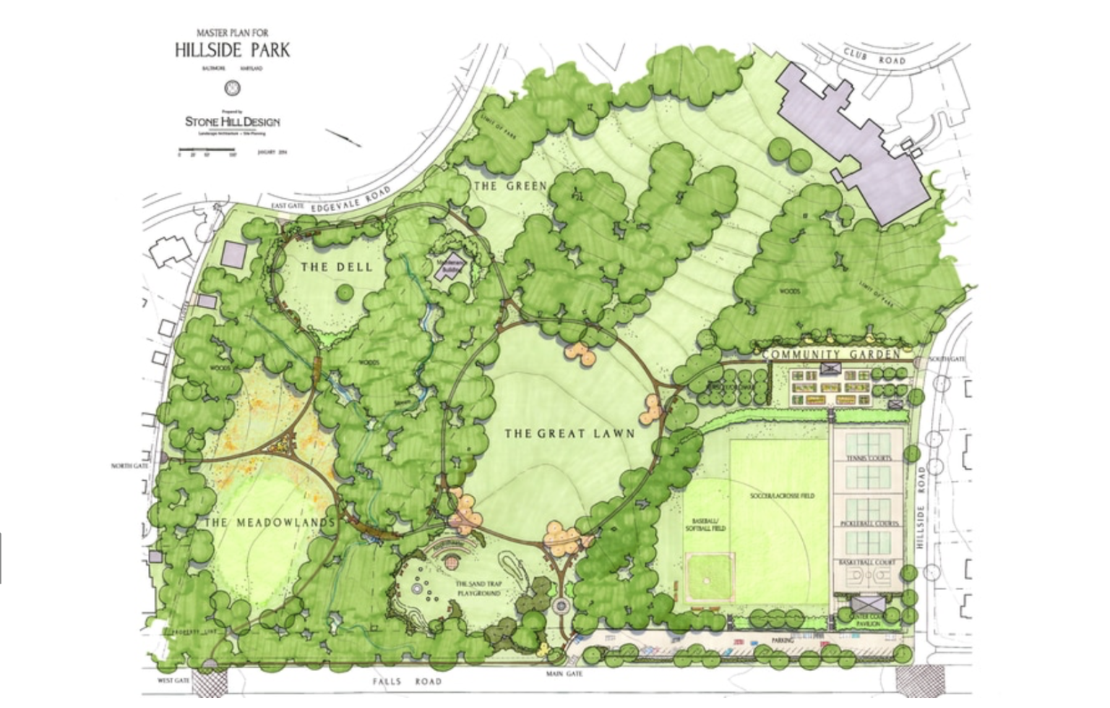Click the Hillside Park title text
pos(232,50)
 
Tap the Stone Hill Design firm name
pos(232,121)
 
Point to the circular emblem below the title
pos(232,88)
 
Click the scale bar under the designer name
pos(207,152)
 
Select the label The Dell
pos(337,267)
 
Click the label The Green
pos(510,186)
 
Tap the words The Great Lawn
pos(569,433)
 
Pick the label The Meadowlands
pos(270,522)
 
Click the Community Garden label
pos(831,354)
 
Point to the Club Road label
pos(874,56)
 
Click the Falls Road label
pos(407,681)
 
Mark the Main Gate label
pos(564,674)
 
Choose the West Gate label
pos(173,681)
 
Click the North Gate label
pos(130,466)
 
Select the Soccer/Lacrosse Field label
pos(782,496)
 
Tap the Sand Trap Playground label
pos(478,588)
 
